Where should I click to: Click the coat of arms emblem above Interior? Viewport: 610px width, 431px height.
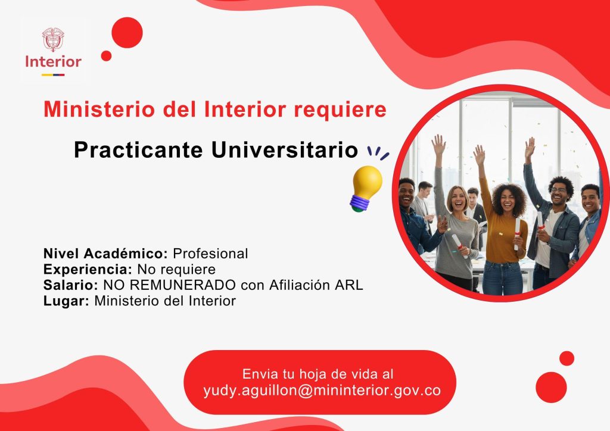[x=53, y=39]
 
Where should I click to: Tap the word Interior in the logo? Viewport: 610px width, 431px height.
[x=53, y=61]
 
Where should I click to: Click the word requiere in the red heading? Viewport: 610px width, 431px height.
[x=340, y=110]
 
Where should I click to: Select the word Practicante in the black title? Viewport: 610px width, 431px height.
[x=138, y=149]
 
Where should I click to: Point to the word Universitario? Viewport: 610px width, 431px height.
[x=284, y=149]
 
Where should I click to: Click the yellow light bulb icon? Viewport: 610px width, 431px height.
[x=366, y=189]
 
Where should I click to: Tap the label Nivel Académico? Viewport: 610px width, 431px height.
[x=105, y=254]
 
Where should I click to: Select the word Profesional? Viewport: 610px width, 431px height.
[x=210, y=254]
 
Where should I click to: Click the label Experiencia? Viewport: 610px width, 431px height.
[x=88, y=269]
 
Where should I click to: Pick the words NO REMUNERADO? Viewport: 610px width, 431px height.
[x=169, y=285]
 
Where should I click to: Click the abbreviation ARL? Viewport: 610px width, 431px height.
[x=349, y=285]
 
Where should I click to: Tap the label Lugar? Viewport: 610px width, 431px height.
[x=67, y=301]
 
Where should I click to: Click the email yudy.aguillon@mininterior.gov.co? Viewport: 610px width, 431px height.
[x=322, y=390]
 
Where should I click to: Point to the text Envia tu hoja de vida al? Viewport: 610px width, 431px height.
[x=318, y=374]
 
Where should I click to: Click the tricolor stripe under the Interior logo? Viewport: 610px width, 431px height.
[x=53, y=74]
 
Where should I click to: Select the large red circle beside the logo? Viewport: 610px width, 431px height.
[x=127, y=33]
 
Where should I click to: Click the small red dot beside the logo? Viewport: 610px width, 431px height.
[x=106, y=56]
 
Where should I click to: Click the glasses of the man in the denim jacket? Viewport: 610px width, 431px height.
[x=559, y=190]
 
